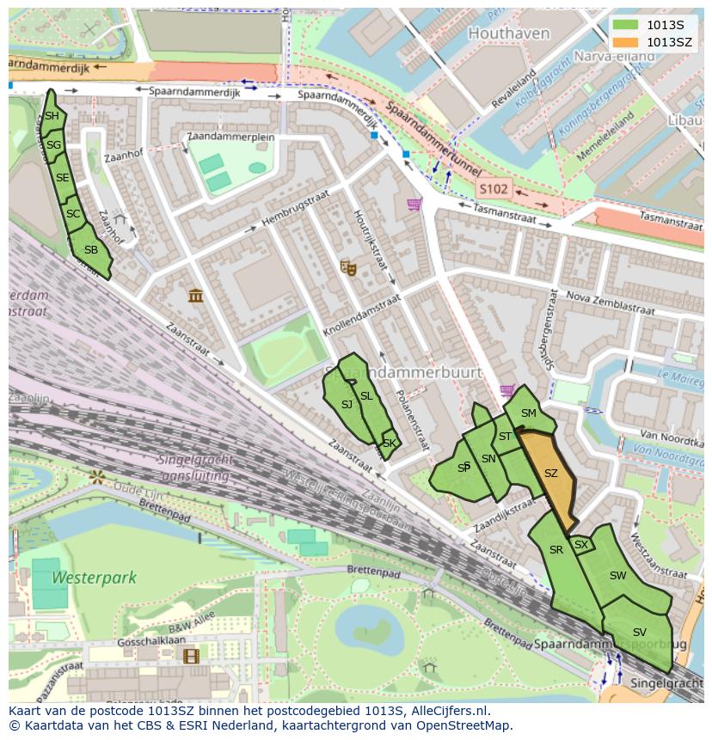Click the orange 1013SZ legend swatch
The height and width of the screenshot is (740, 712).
pos(626,41)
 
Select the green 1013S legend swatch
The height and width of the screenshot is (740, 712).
pos(626,25)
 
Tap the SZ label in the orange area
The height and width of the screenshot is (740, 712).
pos(551,474)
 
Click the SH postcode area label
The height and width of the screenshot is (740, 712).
pos(52,116)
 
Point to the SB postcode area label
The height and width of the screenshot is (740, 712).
pos(91,250)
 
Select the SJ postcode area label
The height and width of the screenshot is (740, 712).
pos(347,404)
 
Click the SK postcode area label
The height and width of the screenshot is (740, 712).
pos(390,443)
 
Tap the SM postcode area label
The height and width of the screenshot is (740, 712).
pos(528,413)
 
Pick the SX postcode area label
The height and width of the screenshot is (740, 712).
pos(581,544)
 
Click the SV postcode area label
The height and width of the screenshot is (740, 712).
pos(639,632)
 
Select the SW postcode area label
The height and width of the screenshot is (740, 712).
pos(617,576)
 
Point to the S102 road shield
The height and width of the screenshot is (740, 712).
pos(494,188)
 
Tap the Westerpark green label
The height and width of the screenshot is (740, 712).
pos(94,578)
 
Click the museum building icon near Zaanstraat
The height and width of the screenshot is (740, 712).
pos(196,296)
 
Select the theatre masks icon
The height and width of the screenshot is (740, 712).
pos(348,267)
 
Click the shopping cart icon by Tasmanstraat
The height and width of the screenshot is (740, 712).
pos(414,205)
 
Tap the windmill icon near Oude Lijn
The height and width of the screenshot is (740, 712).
pos(97,475)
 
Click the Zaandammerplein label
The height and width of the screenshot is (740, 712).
pos(230,137)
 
